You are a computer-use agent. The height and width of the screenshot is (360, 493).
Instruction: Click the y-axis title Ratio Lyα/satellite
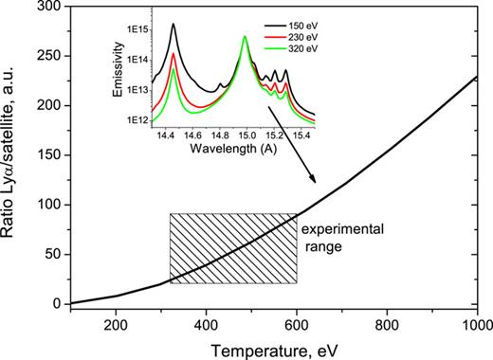[x=12, y=155]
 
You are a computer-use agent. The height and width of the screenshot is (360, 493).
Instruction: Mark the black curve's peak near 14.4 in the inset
[x=173, y=26]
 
